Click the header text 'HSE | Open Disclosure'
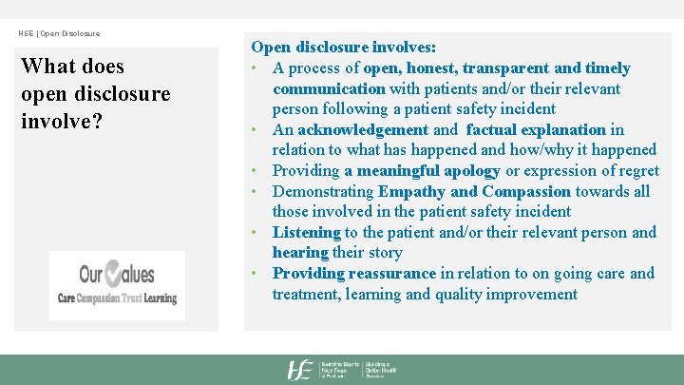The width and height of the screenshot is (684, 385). (59, 33)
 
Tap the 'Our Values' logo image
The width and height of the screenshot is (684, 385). (117, 285)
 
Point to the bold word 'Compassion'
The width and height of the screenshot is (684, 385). (526, 191)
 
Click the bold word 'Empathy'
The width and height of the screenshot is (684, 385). (412, 191)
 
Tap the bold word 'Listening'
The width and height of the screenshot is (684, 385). (306, 232)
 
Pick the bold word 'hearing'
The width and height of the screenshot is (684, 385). (299, 253)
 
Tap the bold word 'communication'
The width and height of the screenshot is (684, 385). (329, 88)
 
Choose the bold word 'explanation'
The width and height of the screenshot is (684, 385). (560, 129)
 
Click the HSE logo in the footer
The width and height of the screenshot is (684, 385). (302, 370)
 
